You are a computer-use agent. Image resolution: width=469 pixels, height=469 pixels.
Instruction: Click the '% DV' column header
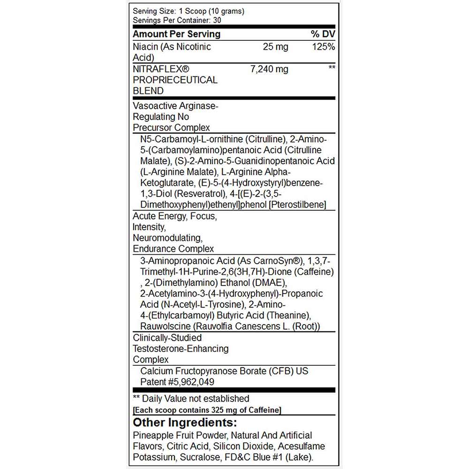tap(323, 34)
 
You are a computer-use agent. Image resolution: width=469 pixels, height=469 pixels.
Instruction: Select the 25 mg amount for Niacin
tap(276, 47)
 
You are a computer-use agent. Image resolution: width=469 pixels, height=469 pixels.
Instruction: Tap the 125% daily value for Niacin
tap(324, 47)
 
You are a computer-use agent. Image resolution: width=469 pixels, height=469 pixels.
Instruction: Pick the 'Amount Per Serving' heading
tap(176, 34)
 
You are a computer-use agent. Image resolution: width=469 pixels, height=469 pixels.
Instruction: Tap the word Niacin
tap(146, 47)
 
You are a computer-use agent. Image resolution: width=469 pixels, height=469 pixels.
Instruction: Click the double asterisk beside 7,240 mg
tap(332, 68)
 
